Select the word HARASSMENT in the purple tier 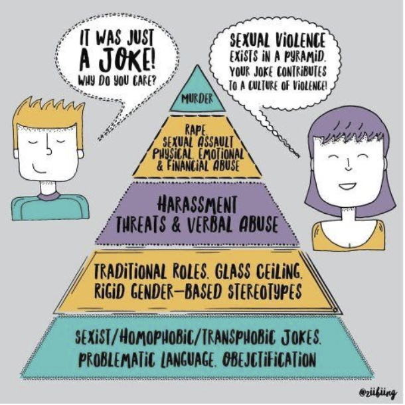[x=199, y=202]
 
